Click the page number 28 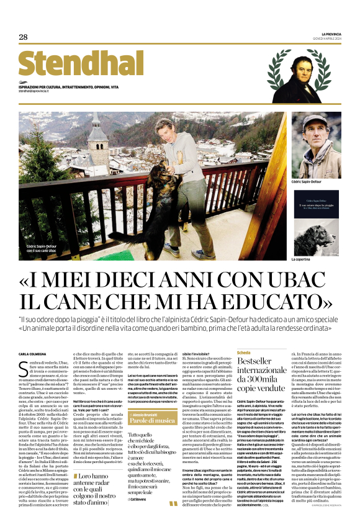click(x=23, y=38)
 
